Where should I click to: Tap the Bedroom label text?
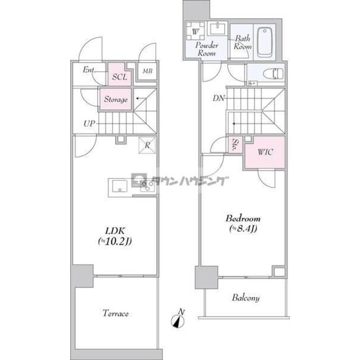click(x=243, y=218)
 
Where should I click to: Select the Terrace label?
click(x=115, y=313)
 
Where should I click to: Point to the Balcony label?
click(x=244, y=298)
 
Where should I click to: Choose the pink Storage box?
click(x=116, y=100)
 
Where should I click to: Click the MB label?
click(x=147, y=71)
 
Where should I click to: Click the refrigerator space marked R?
click(x=147, y=144)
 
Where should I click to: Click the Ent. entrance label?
click(x=89, y=70)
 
